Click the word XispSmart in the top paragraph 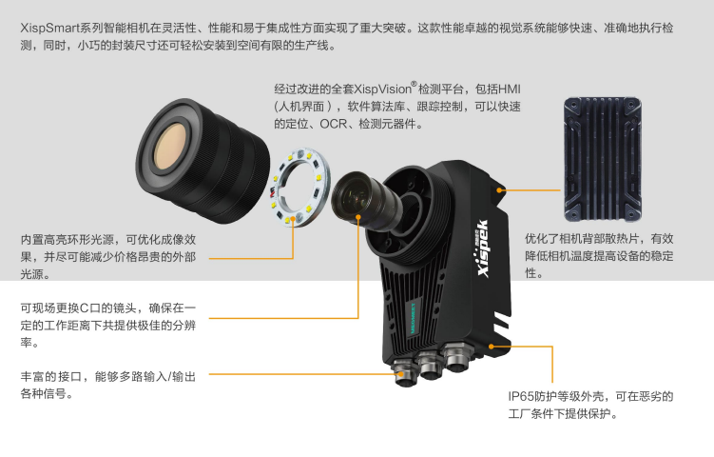[49, 29]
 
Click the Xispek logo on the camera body [484, 248]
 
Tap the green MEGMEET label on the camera [413, 318]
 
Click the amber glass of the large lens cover [170, 147]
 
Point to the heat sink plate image [603, 159]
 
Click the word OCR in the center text [333, 124]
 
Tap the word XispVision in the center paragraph [382, 89]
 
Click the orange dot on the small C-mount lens [358, 217]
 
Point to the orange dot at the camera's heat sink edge [499, 189]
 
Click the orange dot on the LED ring [293, 218]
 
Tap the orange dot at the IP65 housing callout [492, 347]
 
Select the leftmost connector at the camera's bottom [405, 372]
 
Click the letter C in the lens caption [85, 308]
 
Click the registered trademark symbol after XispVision [414, 84]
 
